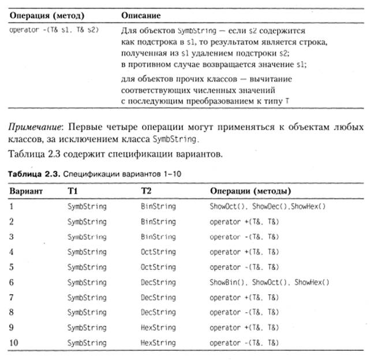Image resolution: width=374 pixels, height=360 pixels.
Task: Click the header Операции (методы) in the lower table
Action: [x=250, y=190]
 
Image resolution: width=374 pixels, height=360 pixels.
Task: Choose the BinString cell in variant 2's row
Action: [x=158, y=222]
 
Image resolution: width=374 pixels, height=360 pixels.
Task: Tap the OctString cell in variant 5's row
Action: [x=158, y=267]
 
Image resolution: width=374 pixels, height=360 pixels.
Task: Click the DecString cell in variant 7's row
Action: [x=158, y=298]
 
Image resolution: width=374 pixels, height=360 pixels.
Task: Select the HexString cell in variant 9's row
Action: [x=158, y=328]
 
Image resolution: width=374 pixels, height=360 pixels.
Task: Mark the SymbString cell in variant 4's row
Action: [x=87, y=252]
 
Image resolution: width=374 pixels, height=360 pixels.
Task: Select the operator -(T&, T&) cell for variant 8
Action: [x=241, y=313]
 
